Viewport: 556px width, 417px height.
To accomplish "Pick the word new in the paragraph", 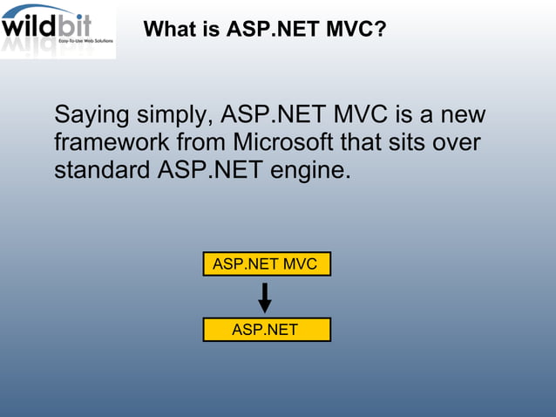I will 463,115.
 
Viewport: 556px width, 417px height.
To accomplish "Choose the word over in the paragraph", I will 457,142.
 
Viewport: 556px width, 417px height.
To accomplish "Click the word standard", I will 102,169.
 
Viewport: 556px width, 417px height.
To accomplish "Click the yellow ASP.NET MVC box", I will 266,263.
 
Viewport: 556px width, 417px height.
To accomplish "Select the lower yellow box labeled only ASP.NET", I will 266,330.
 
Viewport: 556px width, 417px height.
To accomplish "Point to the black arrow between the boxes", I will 265,297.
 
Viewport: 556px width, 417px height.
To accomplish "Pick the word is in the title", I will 210,30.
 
